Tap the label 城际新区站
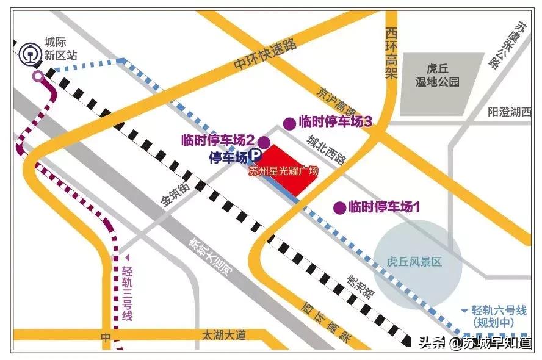(x=60, y=49)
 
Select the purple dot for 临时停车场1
(x=339, y=207)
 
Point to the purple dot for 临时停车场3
(x=289, y=121)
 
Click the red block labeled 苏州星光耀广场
(x=286, y=170)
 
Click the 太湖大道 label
(x=225, y=334)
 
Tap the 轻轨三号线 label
(x=127, y=293)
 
